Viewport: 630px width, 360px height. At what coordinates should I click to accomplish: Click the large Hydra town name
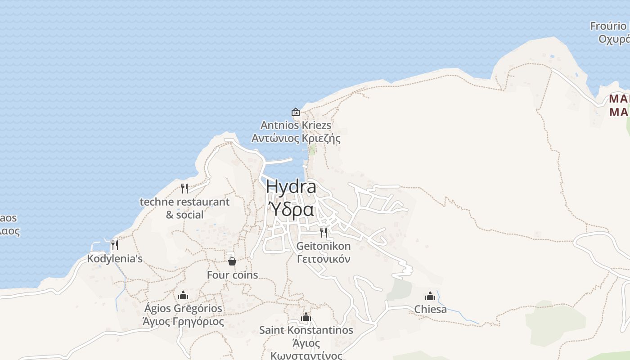click(291, 187)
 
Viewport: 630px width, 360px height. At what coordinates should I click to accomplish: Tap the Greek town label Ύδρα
click(291, 210)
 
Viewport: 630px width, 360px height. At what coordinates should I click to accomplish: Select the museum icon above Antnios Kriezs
click(296, 112)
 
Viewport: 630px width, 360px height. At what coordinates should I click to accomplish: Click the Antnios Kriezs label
click(296, 125)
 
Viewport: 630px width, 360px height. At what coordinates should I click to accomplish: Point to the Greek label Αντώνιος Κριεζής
click(296, 138)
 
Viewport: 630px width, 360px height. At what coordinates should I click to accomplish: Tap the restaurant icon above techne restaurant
click(184, 188)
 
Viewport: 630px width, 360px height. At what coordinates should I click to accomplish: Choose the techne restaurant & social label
click(184, 208)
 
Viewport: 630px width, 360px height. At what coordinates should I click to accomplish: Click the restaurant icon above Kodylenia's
click(115, 245)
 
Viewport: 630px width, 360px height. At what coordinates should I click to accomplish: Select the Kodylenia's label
click(115, 259)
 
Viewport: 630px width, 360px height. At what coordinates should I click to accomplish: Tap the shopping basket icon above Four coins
click(232, 261)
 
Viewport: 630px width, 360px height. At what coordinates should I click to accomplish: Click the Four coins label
click(232, 275)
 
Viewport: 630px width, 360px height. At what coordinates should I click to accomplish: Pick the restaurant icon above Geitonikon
click(324, 233)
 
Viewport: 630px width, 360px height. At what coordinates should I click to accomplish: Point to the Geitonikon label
click(324, 246)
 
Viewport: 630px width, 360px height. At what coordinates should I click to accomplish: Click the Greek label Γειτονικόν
click(324, 259)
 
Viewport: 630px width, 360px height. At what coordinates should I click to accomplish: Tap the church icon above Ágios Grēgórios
click(183, 295)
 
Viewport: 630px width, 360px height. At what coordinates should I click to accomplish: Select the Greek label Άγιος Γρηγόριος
click(183, 322)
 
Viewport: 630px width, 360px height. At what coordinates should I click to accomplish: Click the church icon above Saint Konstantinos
click(306, 317)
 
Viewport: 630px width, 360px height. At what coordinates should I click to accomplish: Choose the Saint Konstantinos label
click(306, 330)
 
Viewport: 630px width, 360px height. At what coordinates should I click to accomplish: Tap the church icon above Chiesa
click(430, 296)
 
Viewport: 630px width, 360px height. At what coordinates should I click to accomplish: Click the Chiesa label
click(431, 310)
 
